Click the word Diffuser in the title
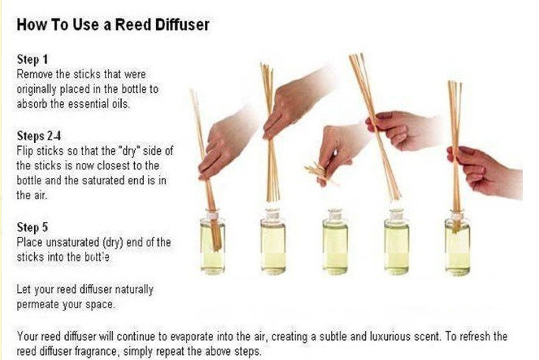pyautogui.click(x=182, y=25)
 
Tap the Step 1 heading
pyautogui.click(x=32, y=59)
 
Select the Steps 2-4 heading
pyautogui.click(x=39, y=136)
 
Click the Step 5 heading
pyautogui.click(x=32, y=227)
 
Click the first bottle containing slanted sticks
pyautogui.click(x=212, y=245)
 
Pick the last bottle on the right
pyautogui.click(x=457, y=245)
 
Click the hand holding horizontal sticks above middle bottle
pyautogui.click(x=334, y=149)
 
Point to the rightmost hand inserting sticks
pyautogui.click(x=489, y=172)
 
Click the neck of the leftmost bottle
pyautogui.click(x=212, y=216)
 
